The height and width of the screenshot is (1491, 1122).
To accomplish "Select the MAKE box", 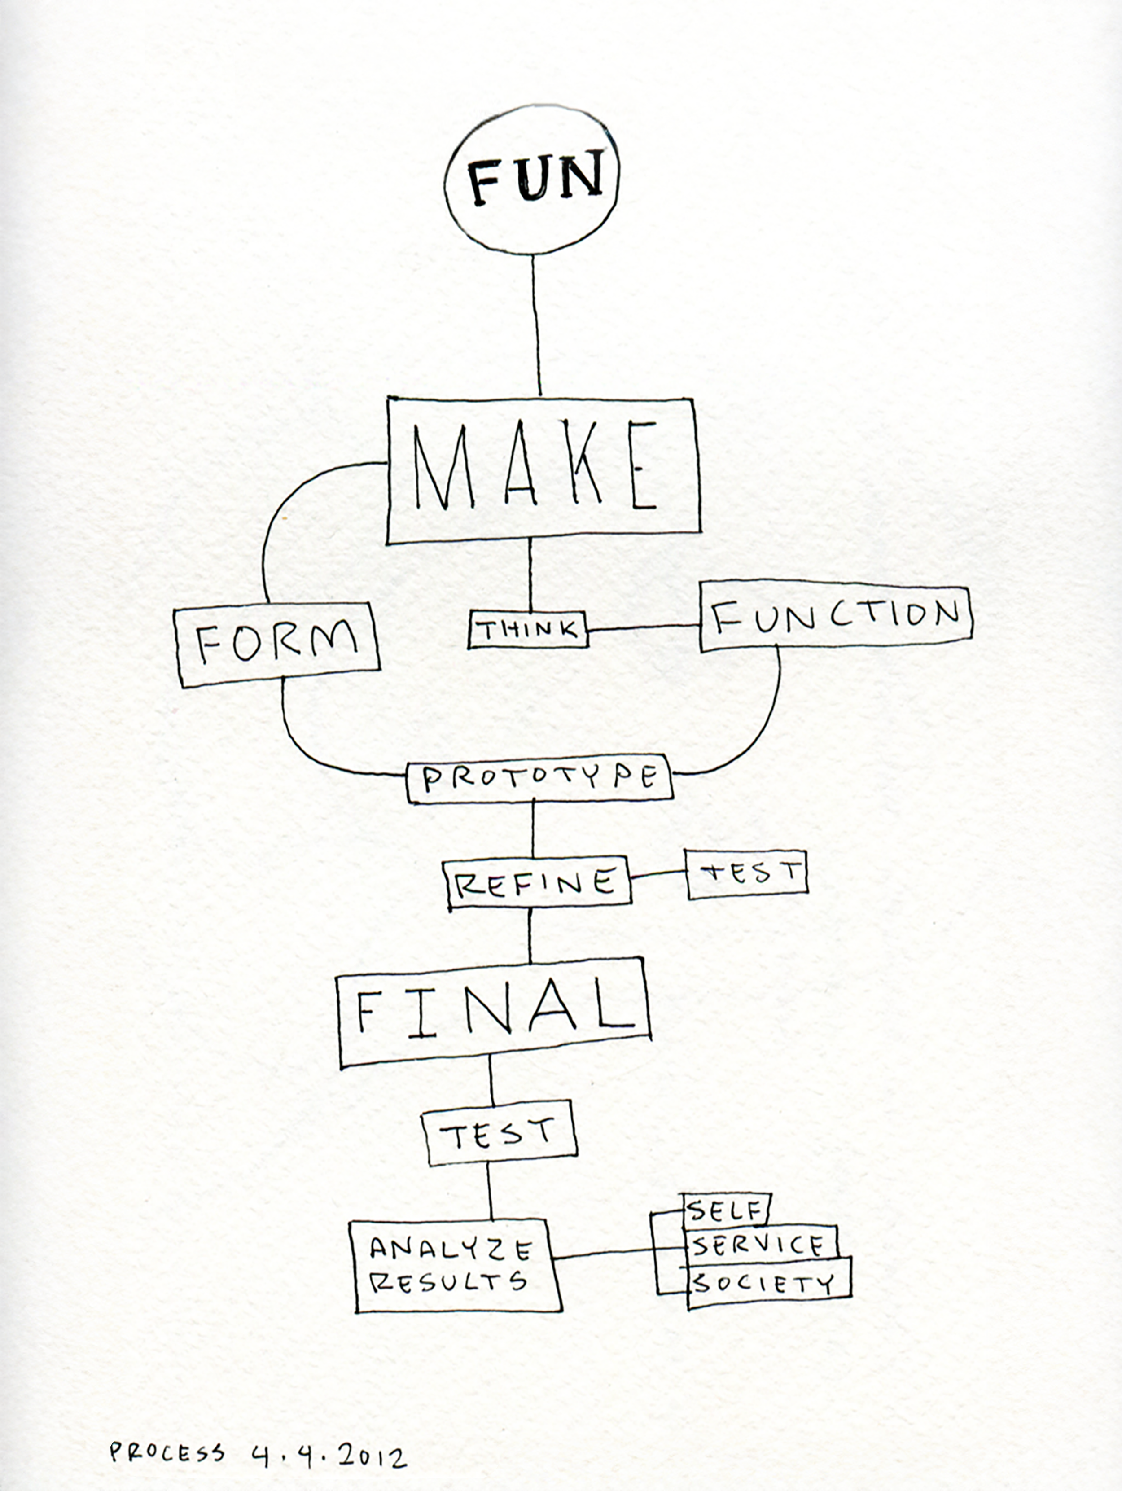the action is [543, 470].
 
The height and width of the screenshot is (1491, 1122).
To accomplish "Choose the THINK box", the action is [528, 630].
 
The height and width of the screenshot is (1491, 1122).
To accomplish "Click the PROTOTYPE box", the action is [539, 779].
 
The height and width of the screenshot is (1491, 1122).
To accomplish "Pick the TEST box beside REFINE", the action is [747, 873].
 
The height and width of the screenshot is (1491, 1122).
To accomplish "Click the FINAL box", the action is [494, 1013].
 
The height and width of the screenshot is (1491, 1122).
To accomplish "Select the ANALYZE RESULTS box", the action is [456, 1265].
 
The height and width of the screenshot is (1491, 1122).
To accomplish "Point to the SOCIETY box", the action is [767, 1281].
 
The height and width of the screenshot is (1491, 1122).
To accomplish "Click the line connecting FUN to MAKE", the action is [536, 324].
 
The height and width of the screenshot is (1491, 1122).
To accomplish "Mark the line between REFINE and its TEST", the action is [659, 874].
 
